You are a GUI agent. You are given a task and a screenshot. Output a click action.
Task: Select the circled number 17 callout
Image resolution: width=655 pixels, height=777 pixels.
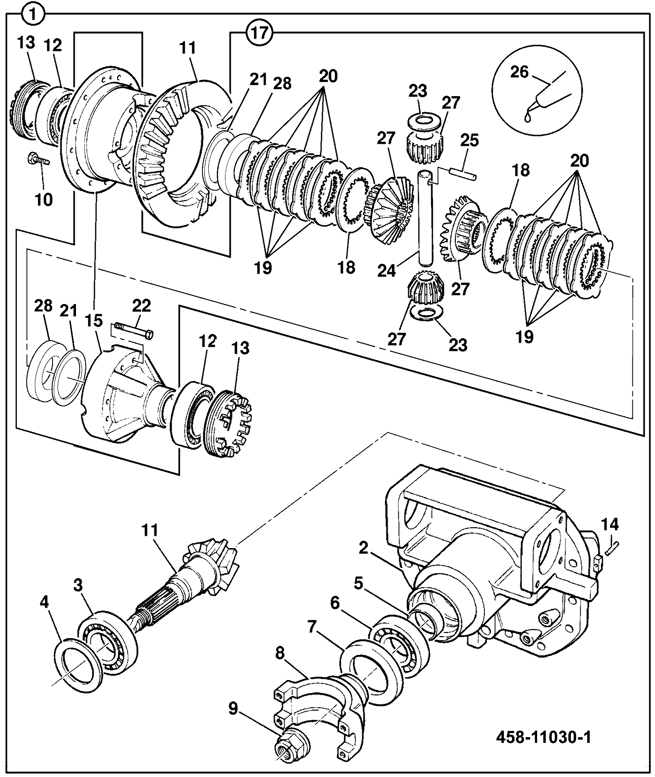pyautogui.click(x=260, y=32)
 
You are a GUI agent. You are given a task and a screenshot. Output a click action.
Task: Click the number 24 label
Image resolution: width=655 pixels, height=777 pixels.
pyautogui.click(x=387, y=270)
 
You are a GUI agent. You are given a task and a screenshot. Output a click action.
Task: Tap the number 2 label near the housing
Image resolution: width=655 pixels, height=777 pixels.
pyautogui.click(x=363, y=549)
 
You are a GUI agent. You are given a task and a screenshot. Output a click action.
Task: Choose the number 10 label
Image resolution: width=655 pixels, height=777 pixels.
pyautogui.click(x=44, y=200)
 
